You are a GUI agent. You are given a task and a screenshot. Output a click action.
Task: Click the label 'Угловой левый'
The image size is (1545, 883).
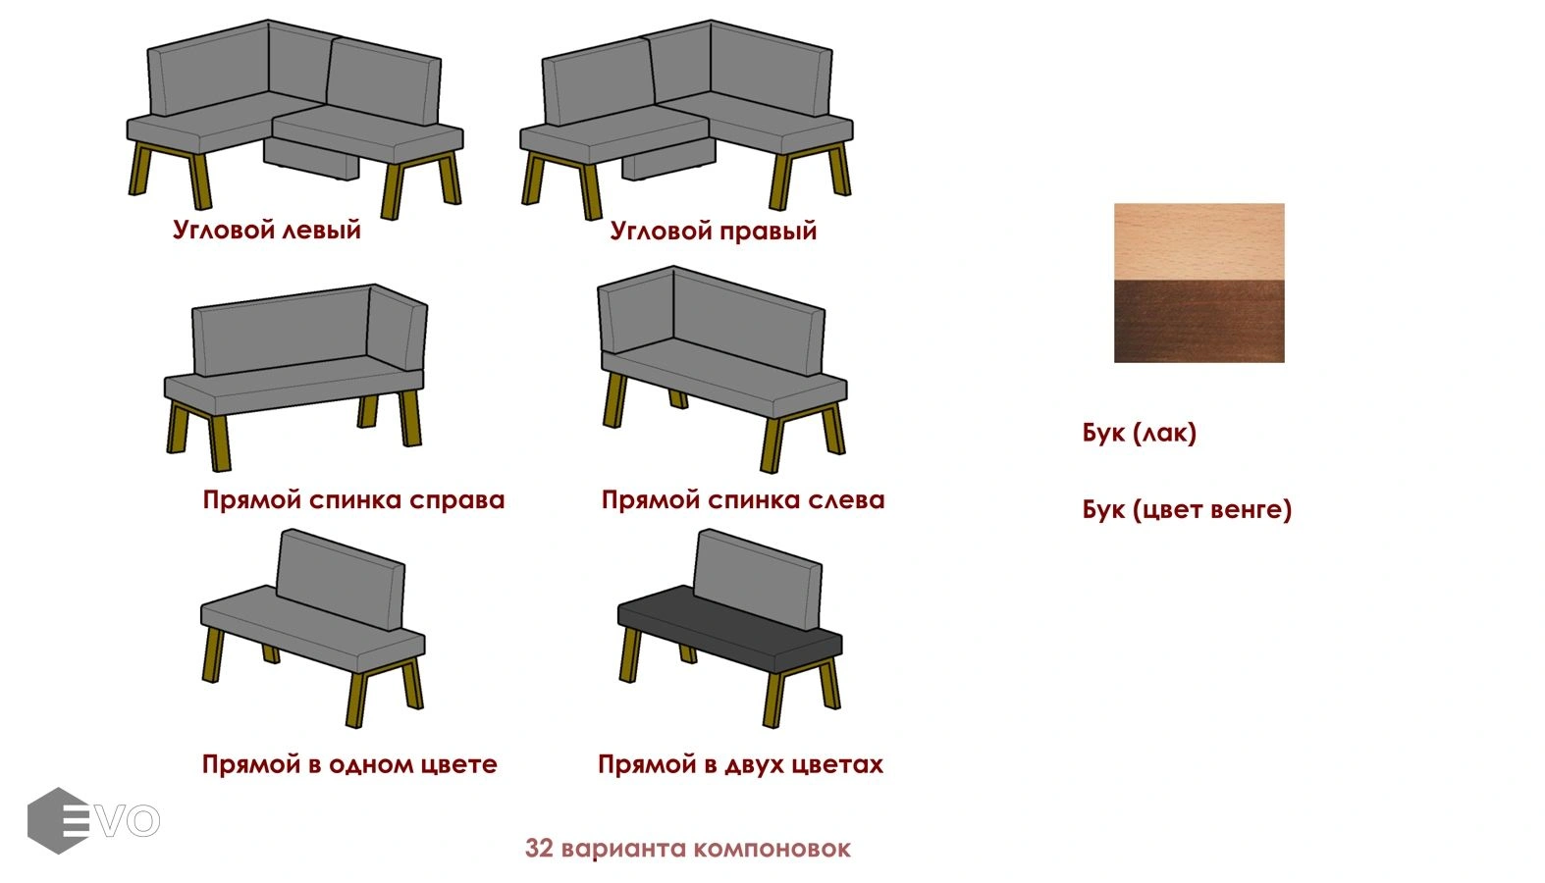267,230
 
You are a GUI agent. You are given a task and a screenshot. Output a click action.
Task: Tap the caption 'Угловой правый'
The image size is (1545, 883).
714,231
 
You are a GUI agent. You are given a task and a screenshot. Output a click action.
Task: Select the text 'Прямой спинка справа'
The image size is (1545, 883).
353,499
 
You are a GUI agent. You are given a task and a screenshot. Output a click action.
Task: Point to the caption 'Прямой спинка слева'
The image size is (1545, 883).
743,499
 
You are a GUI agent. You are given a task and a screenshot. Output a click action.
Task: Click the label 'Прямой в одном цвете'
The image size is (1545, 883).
349,763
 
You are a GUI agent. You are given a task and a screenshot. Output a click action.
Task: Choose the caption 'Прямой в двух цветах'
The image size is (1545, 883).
740,763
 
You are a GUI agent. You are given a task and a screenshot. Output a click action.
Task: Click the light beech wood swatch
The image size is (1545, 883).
1199,241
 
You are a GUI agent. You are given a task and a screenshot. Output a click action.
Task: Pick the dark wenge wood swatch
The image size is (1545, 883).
1199,321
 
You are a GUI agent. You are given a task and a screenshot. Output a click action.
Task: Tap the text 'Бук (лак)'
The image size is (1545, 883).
1139,433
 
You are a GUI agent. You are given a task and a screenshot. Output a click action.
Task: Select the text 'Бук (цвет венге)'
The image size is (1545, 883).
1187,509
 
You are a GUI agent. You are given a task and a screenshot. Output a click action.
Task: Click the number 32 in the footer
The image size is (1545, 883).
539,848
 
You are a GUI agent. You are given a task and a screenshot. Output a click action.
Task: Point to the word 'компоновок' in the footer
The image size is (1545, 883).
772,849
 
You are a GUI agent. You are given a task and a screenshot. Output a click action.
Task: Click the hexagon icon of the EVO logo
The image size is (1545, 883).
59,821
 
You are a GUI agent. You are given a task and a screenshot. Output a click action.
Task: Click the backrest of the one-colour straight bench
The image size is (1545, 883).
340,580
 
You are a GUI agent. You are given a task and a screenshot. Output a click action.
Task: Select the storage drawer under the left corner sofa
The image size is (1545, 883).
311,159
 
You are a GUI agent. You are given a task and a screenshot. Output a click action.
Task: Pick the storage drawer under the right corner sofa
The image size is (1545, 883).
669,159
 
